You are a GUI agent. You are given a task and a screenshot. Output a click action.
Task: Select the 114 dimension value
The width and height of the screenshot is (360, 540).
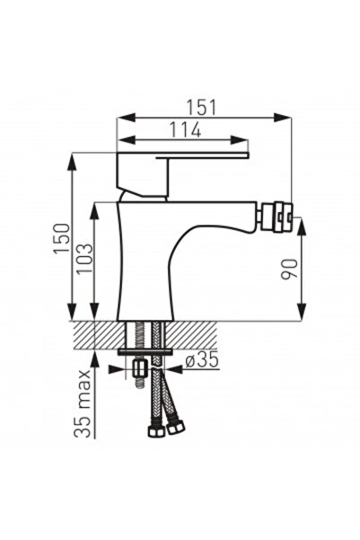pos(183,129)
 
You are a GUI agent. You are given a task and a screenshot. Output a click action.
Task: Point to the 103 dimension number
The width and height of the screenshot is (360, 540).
pos(83,261)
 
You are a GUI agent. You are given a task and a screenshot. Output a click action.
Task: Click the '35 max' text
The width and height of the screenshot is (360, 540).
pos(83,403)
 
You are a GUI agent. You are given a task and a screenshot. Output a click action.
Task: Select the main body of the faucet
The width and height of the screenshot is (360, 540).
pos(148,261)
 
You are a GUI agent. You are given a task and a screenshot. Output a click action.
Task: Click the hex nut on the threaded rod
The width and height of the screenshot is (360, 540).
pos(139,368)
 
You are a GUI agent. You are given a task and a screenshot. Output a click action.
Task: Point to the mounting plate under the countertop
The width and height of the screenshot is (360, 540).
pos(145,351)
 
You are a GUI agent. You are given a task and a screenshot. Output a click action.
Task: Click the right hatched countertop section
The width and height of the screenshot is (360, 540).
pos(193,334)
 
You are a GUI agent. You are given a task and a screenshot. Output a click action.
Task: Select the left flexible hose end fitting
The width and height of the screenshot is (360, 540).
pos(156,430)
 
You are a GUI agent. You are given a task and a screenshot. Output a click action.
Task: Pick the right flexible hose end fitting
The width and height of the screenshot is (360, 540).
pos(176,427)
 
